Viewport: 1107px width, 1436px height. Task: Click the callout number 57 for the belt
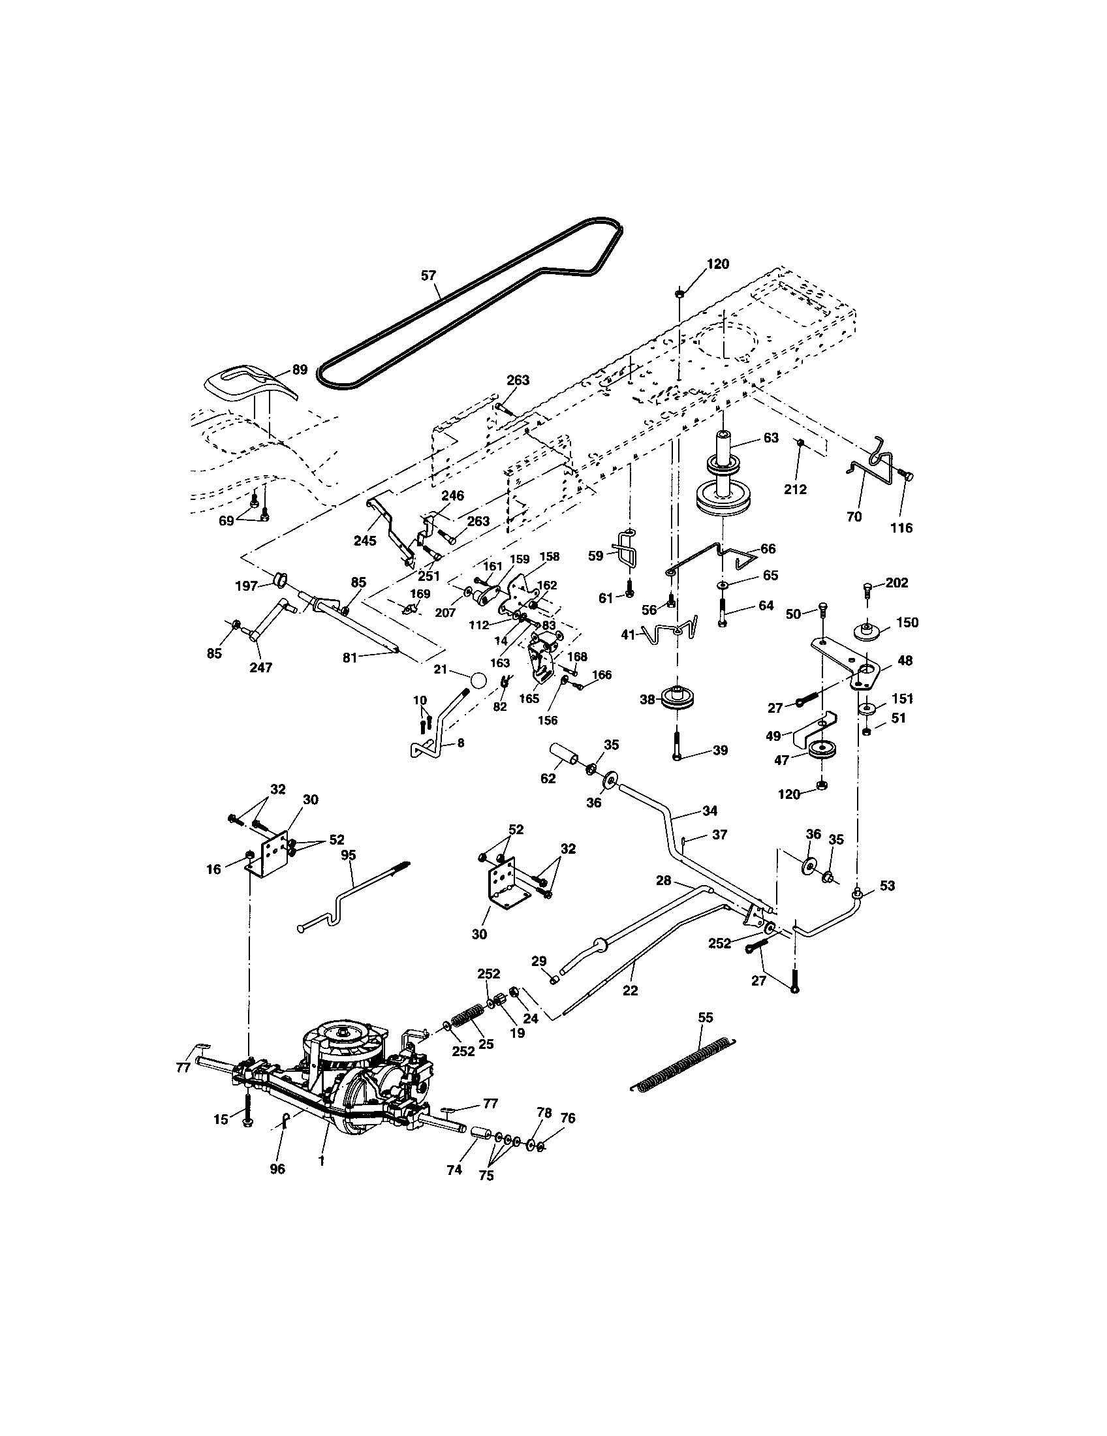point(428,275)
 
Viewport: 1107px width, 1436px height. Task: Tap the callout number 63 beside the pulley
point(770,437)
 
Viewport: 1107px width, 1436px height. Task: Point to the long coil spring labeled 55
point(683,1065)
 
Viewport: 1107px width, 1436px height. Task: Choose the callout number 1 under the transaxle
point(320,1161)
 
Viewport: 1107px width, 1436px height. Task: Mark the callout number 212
point(796,490)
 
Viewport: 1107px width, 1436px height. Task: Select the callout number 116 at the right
point(901,527)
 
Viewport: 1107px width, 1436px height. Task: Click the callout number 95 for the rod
point(349,856)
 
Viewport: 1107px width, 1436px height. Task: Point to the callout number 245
point(365,540)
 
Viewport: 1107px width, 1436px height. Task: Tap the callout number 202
point(897,582)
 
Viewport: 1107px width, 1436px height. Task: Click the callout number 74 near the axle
point(454,1170)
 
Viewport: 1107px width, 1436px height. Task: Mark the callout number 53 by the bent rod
point(887,886)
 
